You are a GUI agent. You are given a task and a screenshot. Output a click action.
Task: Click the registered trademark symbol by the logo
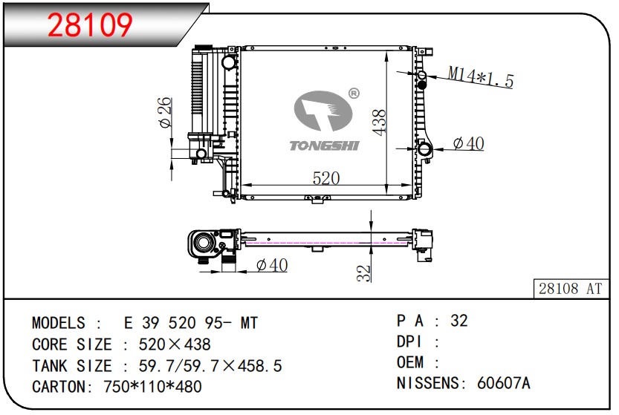click(x=354, y=94)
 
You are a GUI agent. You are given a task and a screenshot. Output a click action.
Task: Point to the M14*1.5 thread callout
click(x=480, y=76)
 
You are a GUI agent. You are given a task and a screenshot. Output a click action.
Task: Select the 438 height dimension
click(x=378, y=122)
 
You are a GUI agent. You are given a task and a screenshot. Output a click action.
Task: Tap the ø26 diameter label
click(x=165, y=112)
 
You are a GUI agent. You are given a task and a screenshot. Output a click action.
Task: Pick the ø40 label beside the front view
click(x=468, y=143)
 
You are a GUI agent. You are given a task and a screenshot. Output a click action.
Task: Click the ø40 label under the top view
click(x=271, y=265)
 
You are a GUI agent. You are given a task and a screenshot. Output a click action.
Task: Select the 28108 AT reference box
click(x=570, y=289)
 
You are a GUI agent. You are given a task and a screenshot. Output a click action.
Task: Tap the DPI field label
click(x=410, y=342)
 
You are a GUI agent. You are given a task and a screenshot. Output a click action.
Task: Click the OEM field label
click(x=411, y=362)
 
